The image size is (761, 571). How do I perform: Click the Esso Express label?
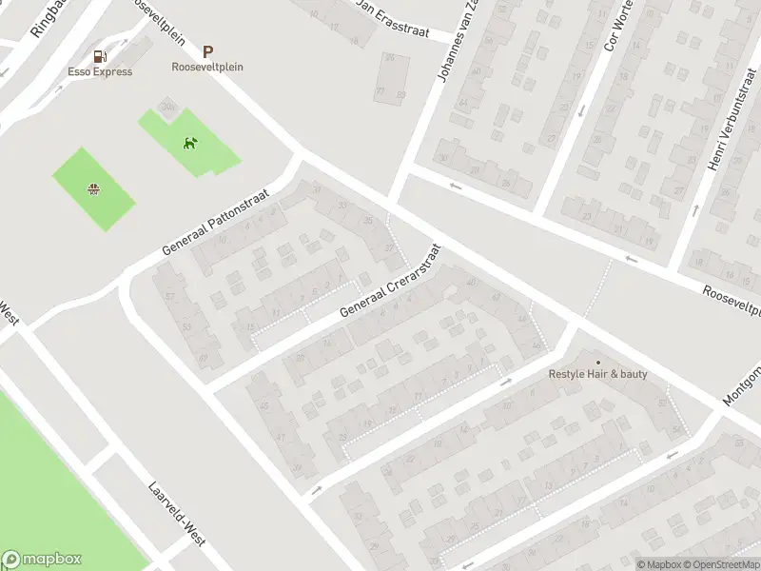[x=99, y=71]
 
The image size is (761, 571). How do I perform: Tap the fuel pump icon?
[x=100, y=55]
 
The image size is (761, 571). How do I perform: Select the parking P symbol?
[x=207, y=52]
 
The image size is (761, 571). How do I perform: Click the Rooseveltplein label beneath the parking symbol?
[x=207, y=67]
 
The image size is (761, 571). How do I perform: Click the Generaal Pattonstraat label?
[x=216, y=222]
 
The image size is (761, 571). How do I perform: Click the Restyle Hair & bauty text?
[x=597, y=374]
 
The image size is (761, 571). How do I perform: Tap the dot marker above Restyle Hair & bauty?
[x=597, y=362]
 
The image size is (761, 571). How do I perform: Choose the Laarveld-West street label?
[x=176, y=513]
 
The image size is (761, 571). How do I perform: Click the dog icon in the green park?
[x=190, y=144]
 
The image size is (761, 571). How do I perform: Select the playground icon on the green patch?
[x=93, y=188]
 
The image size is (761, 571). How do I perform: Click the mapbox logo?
[x=42, y=560]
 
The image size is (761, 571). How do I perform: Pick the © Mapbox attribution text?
[x=660, y=564]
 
